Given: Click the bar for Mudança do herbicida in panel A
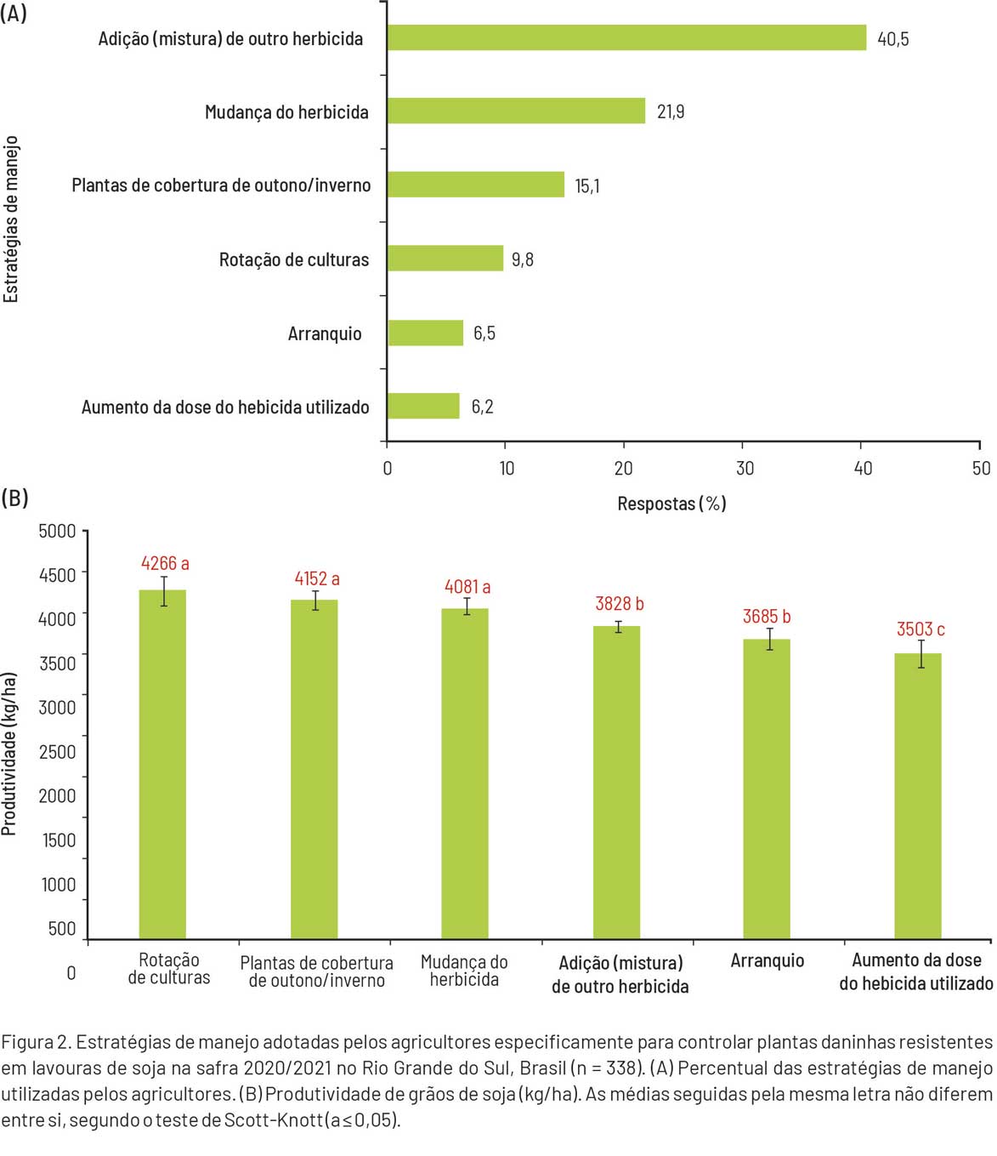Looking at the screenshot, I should coord(516,111).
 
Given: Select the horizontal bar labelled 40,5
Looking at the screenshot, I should coord(626,38).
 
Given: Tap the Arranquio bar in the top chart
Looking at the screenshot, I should coord(426,333).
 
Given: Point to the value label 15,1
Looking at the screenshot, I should coord(587,186).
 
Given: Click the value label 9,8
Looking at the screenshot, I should coord(523,259).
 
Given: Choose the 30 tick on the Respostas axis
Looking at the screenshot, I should coord(745,468).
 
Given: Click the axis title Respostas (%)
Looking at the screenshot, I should coord(671,504).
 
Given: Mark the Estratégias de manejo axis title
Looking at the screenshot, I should coord(11,219).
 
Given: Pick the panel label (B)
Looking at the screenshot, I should coord(14,498).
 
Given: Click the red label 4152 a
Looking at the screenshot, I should coord(317,579).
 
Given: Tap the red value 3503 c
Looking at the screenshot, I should coord(921,629).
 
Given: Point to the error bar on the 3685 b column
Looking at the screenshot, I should coord(770,639).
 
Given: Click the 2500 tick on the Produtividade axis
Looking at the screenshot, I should coord(57,752).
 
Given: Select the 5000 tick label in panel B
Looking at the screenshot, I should coord(57,532).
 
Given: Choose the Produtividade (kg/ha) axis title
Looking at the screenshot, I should coord(9,754).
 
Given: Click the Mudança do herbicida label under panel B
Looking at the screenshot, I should coord(464,971).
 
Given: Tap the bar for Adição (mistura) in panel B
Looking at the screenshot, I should coord(616,782).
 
